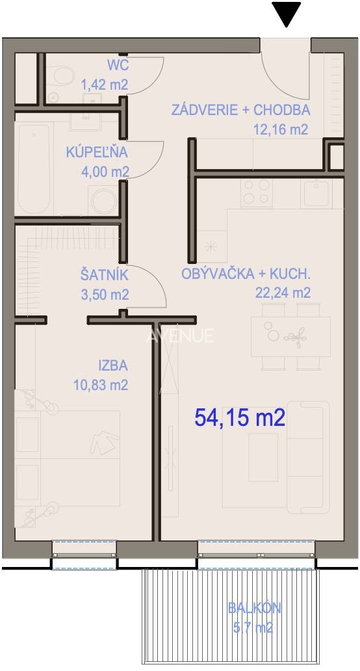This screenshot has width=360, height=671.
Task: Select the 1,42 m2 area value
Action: tap(105, 83)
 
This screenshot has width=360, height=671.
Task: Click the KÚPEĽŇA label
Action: tap(97, 153)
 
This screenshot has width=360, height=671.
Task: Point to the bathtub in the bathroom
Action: tap(32, 165)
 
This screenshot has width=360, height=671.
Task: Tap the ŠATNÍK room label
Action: tap(104, 276)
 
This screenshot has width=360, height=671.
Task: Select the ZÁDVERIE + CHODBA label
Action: tap(240, 110)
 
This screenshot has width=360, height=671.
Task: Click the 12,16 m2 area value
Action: tap(280, 129)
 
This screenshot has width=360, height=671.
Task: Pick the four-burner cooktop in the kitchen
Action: tap(256, 191)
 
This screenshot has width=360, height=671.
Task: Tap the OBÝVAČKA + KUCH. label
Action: tap(246, 274)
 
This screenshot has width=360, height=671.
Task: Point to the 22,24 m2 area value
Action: tap(283, 293)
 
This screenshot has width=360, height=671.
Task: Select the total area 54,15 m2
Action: tap(240, 417)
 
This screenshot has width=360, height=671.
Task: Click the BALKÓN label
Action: tap(253, 609)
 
